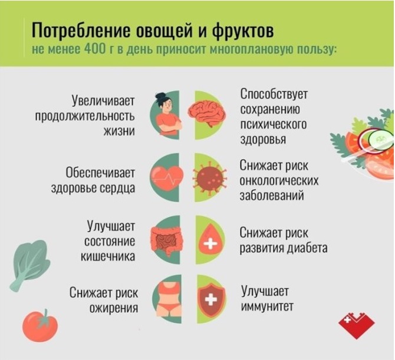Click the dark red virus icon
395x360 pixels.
pos(210,177)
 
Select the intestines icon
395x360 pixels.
pos(167,240)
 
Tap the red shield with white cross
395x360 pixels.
pos(212,299)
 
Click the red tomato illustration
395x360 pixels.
pos(40,326)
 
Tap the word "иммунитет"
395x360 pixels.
pos(267,307)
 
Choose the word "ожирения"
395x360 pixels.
pos(114,308)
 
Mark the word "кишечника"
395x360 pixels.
pos(108,256)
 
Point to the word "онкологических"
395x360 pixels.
pos(279,181)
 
